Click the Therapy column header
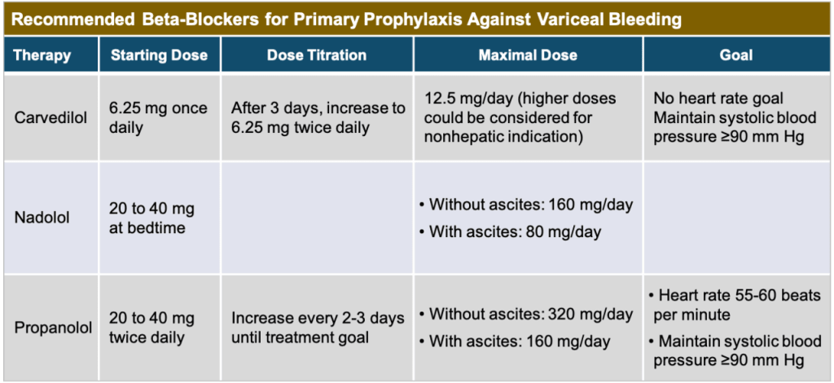42,55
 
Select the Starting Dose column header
159,55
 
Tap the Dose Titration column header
317,55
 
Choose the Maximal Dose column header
528,55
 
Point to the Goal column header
736,55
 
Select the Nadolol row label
42,218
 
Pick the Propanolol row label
53,328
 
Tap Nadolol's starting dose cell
151,218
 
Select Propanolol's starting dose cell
151,328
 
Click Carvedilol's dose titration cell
318,118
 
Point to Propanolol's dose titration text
318,328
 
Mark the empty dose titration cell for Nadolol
317,218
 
